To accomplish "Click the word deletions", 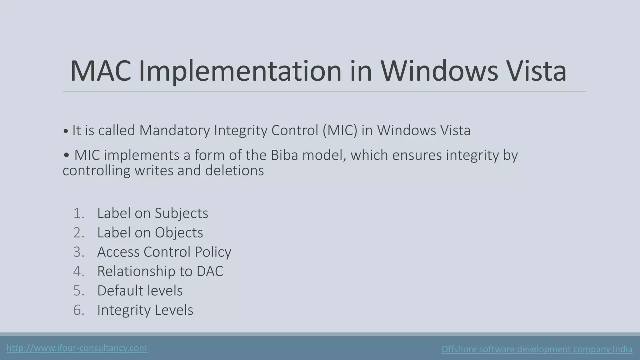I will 234,171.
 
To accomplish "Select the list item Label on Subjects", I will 152,213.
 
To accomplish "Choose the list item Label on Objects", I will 150,232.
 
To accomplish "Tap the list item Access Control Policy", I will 164,252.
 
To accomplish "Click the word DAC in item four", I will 210,271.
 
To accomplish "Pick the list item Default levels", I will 140,291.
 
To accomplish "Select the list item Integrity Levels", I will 145,310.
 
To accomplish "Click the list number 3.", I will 79,252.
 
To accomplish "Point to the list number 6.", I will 79,310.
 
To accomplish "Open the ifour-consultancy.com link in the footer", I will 77,348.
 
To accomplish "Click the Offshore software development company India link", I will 537,349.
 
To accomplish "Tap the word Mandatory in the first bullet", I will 174,130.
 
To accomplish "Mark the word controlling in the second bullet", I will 96,171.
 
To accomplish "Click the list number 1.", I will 79,213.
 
